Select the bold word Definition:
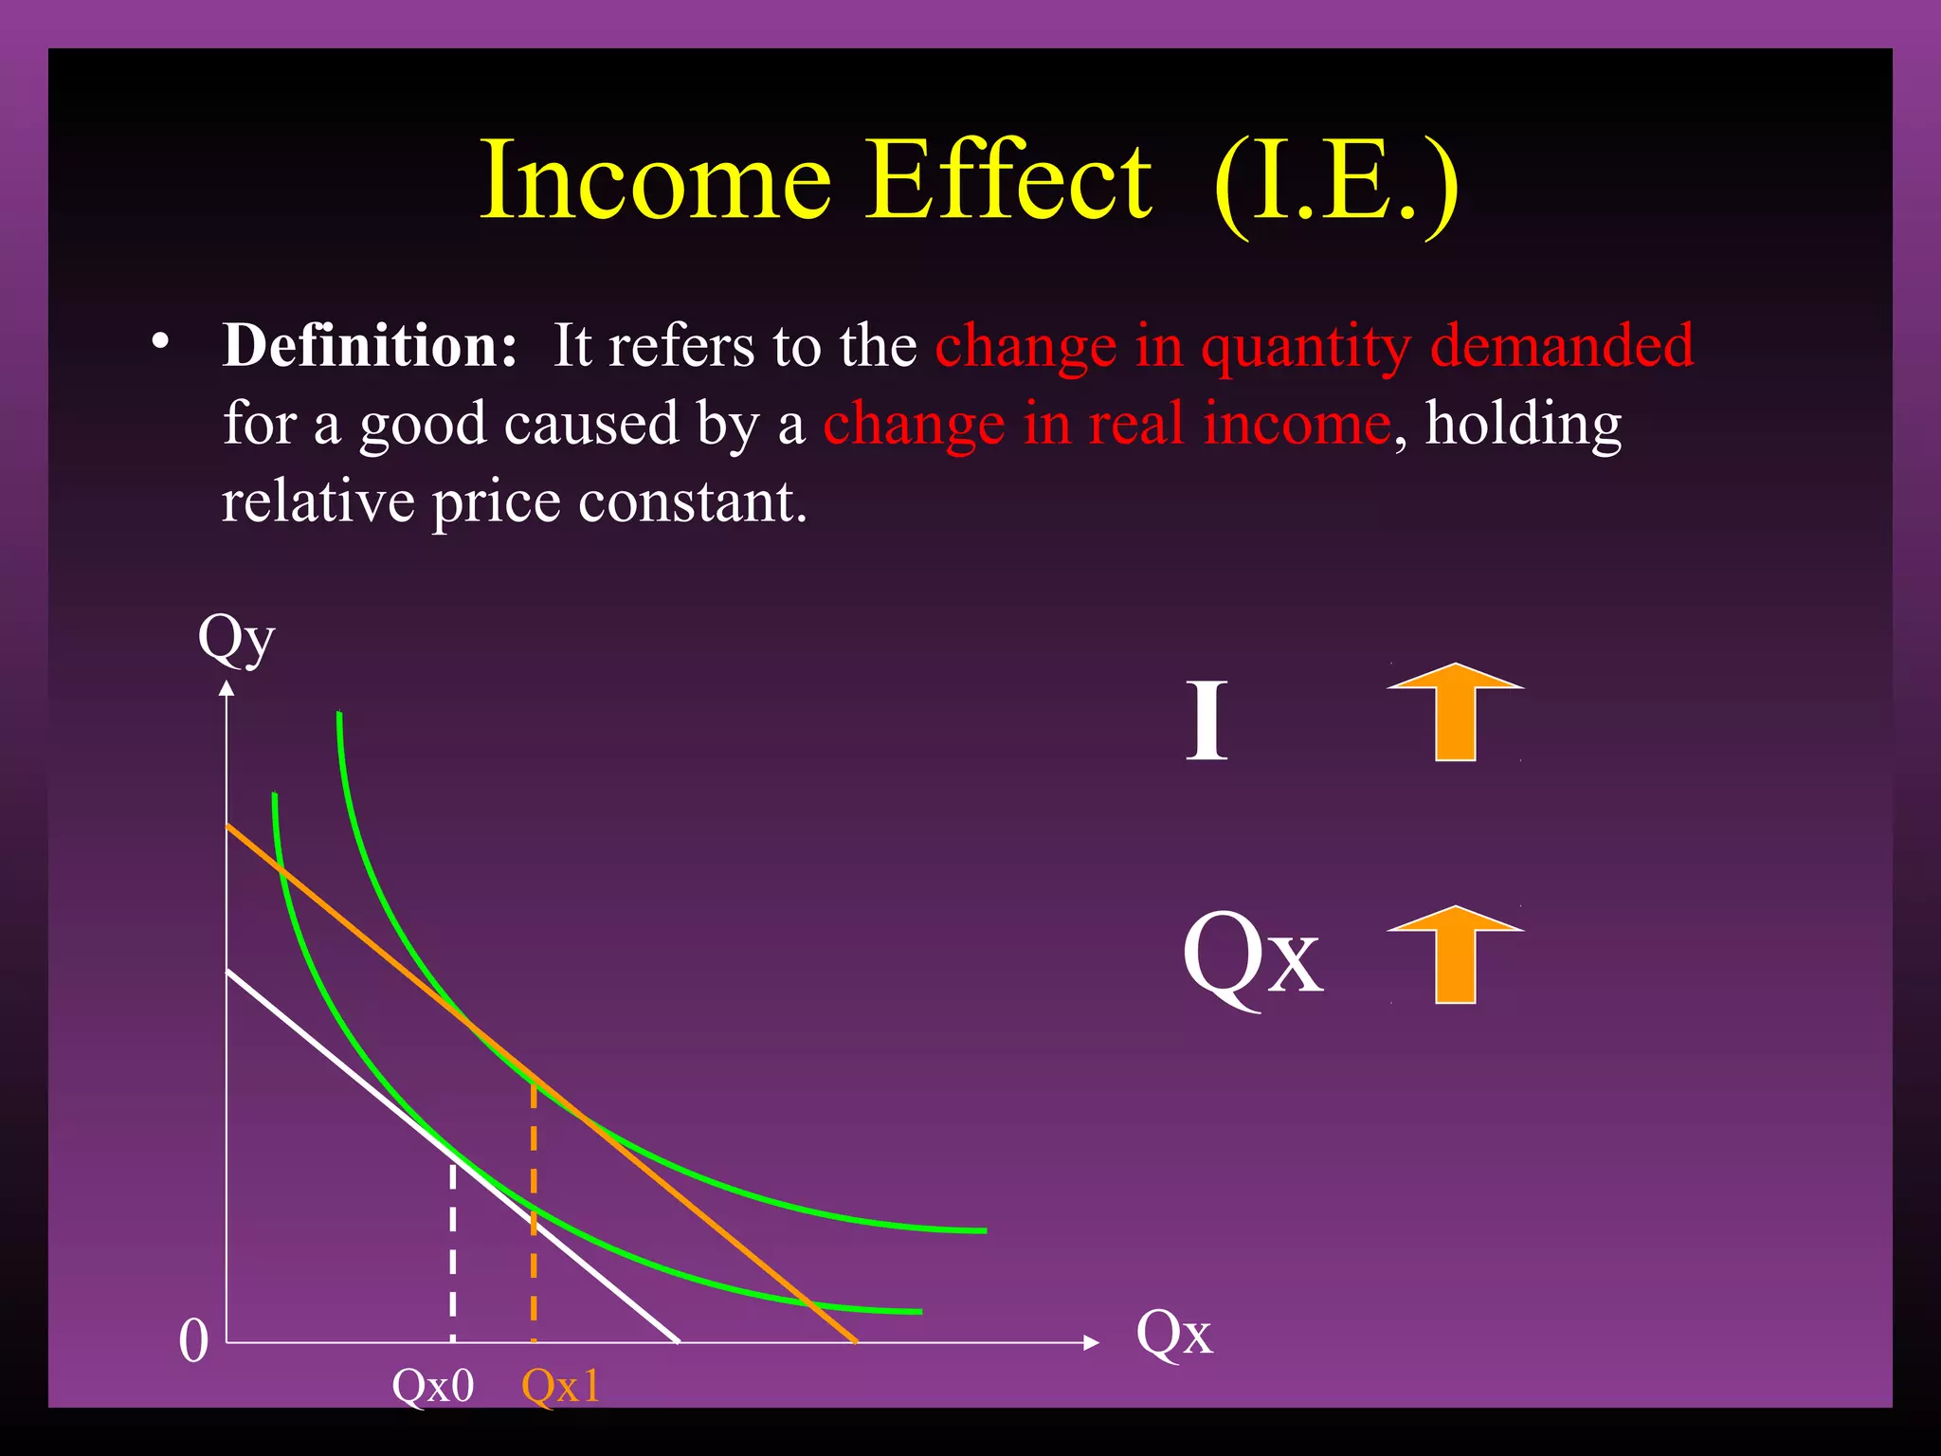tap(370, 345)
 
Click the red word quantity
tap(1306, 347)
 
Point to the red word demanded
tap(1561, 345)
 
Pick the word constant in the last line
tap(692, 501)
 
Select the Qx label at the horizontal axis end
tap(1173, 1334)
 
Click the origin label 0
tap(193, 1341)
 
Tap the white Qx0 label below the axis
tap(433, 1387)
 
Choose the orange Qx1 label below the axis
tap(561, 1387)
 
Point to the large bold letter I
tap(1206, 721)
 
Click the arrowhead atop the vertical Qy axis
tap(227, 689)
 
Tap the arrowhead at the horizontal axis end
tap(1091, 1342)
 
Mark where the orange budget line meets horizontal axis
tap(856, 1341)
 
